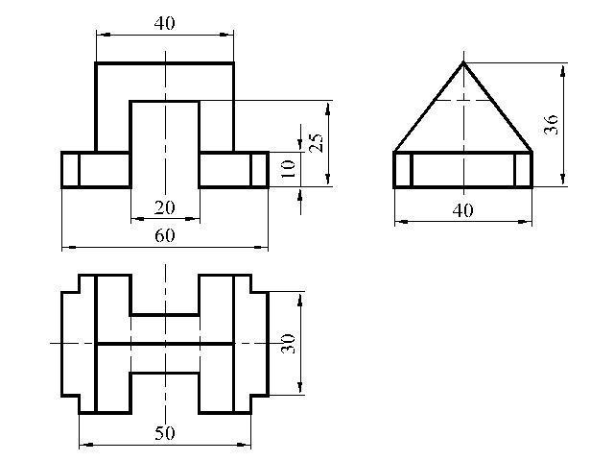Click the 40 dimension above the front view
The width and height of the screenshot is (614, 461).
coord(164,23)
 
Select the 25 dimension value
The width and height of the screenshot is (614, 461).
coord(317,143)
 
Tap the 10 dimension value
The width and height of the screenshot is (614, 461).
coord(289,169)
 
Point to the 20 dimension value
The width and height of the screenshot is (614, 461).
coord(164,207)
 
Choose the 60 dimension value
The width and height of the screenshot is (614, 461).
coord(164,235)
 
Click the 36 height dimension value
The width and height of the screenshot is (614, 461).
coord(551,125)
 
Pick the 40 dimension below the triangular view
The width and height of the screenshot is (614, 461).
coord(462,210)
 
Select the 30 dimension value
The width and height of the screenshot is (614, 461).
coord(289,344)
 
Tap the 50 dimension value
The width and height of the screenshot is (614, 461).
coord(164,433)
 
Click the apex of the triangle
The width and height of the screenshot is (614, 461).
coord(463,62)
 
